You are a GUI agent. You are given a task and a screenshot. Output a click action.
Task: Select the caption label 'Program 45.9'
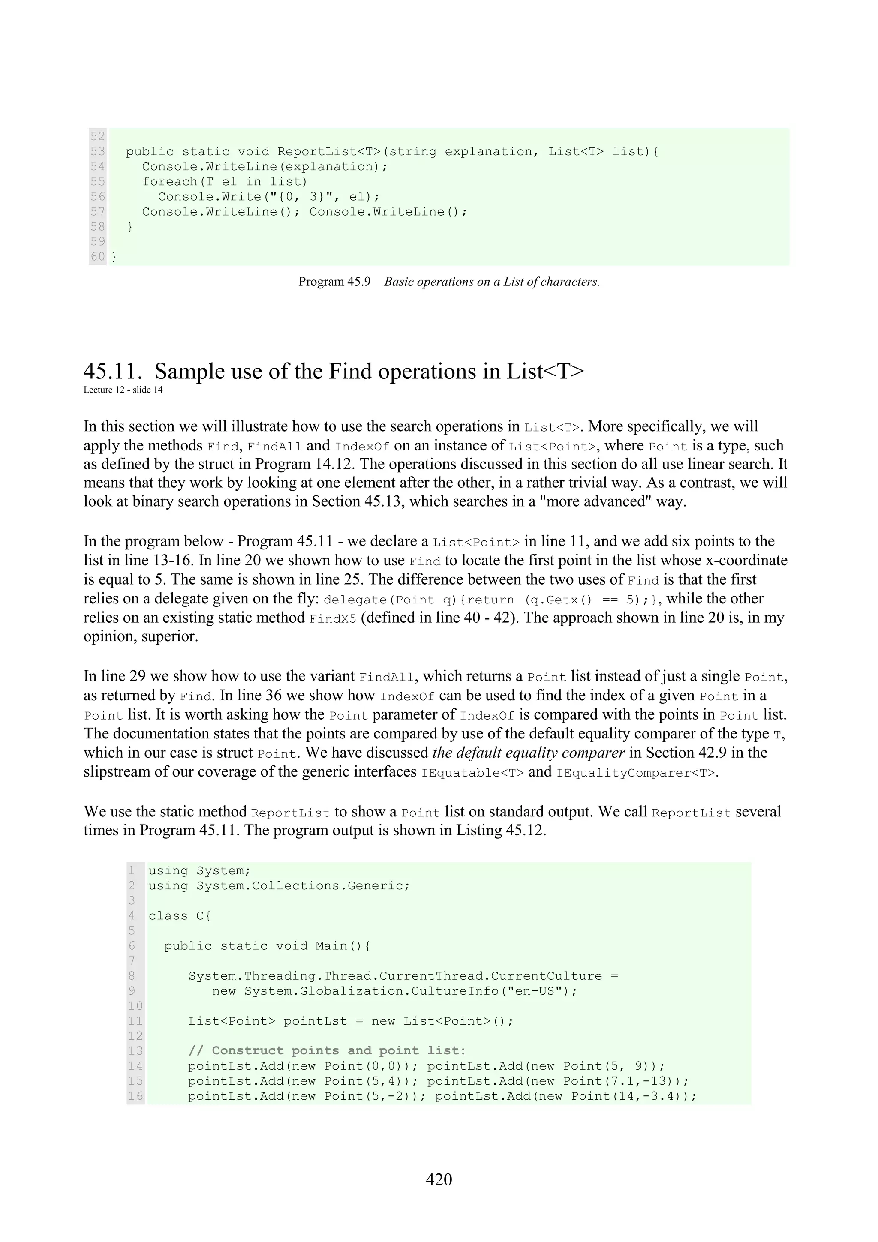[334, 282]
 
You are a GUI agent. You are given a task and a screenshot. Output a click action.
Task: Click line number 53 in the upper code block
[98, 151]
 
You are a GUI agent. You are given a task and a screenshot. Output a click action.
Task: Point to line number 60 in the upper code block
[98, 256]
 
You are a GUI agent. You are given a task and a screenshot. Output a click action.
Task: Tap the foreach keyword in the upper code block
[170, 182]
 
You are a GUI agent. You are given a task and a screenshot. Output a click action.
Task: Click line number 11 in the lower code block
[135, 1021]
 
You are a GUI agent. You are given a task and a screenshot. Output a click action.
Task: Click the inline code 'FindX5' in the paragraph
[333, 619]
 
